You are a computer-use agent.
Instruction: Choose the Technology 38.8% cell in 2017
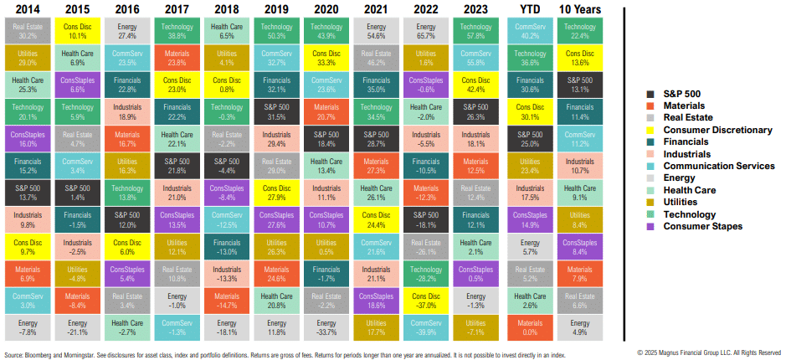coord(177,32)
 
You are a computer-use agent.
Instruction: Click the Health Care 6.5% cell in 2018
coord(227,32)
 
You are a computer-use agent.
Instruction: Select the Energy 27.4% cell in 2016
coord(126,32)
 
